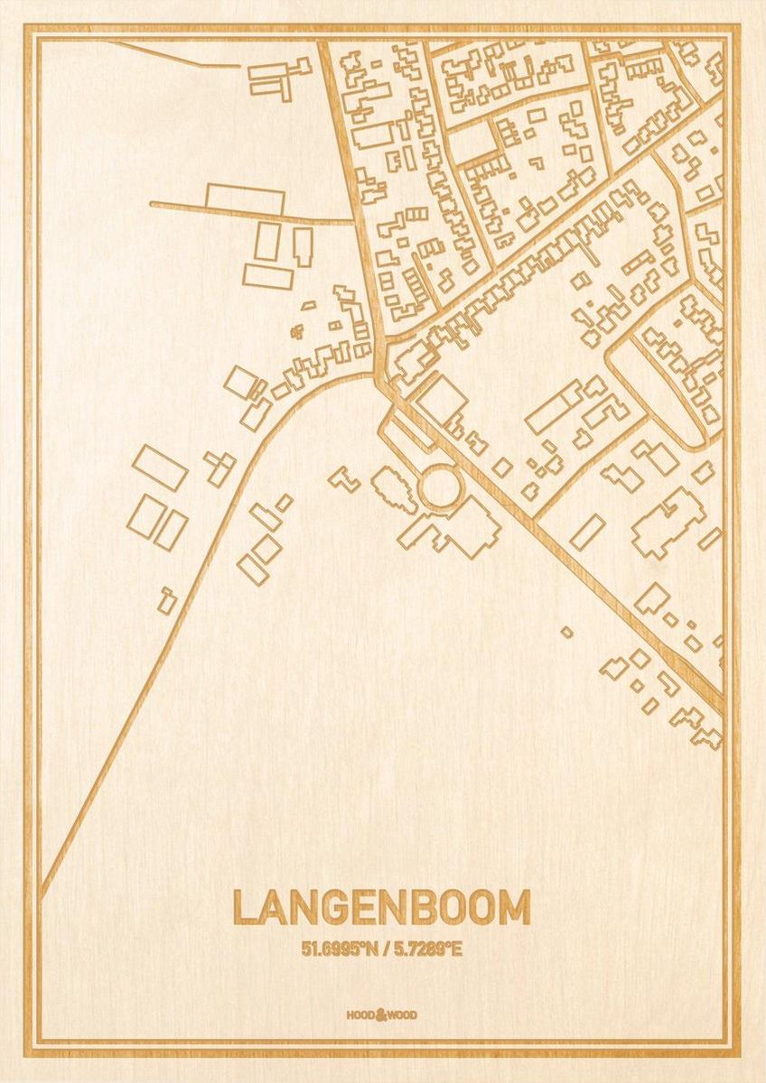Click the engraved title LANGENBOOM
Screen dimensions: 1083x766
381,908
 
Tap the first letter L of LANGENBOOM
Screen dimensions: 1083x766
244,908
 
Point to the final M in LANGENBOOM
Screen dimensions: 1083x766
515,908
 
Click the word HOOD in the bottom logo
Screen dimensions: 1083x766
360,1015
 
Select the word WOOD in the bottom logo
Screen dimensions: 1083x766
404,1015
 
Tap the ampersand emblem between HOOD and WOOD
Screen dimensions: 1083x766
381,1014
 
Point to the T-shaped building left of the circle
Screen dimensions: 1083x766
344,478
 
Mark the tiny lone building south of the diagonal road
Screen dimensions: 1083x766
566,633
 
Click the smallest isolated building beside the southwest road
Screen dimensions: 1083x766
167,600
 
